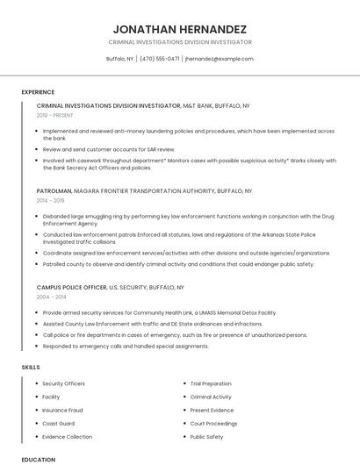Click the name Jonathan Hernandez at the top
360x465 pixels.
tap(180, 29)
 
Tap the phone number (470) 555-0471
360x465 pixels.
tap(160, 59)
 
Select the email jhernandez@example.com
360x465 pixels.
tap(220, 59)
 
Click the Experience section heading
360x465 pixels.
tap(38, 92)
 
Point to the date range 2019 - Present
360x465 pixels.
tap(55, 115)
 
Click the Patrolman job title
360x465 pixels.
tap(54, 190)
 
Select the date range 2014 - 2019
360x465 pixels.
tap(51, 200)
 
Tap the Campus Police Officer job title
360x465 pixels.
tap(70, 287)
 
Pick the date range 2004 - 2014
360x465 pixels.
tap(51, 297)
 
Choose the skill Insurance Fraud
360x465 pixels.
tap(62, 410)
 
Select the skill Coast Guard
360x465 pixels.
tap(58, 423)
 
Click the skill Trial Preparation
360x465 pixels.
tap(211, 383)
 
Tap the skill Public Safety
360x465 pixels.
tap(207, 436)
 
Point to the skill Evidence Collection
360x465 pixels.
tap(67, 436)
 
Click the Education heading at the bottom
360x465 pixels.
tap(38, 459)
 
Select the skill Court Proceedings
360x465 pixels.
tap(213, 423)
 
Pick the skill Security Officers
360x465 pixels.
tap(63, 383)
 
